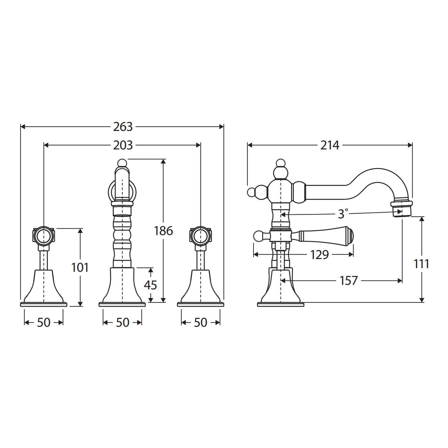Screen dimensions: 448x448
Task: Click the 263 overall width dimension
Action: click(123, 127)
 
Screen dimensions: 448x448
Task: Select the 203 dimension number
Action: click(123, 146)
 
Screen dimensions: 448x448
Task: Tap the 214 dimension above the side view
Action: click(330, 146)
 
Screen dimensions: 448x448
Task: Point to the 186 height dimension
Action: click(164, 231)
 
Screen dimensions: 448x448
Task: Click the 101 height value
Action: click(80, 267)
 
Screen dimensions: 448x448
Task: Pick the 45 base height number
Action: click(150, 285)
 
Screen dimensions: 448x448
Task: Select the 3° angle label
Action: click(343, 214)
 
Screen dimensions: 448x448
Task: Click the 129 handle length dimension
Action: click(320, 255)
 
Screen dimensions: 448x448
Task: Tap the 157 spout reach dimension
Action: click(348, 281)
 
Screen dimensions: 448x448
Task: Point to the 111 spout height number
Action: click(421, 264)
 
